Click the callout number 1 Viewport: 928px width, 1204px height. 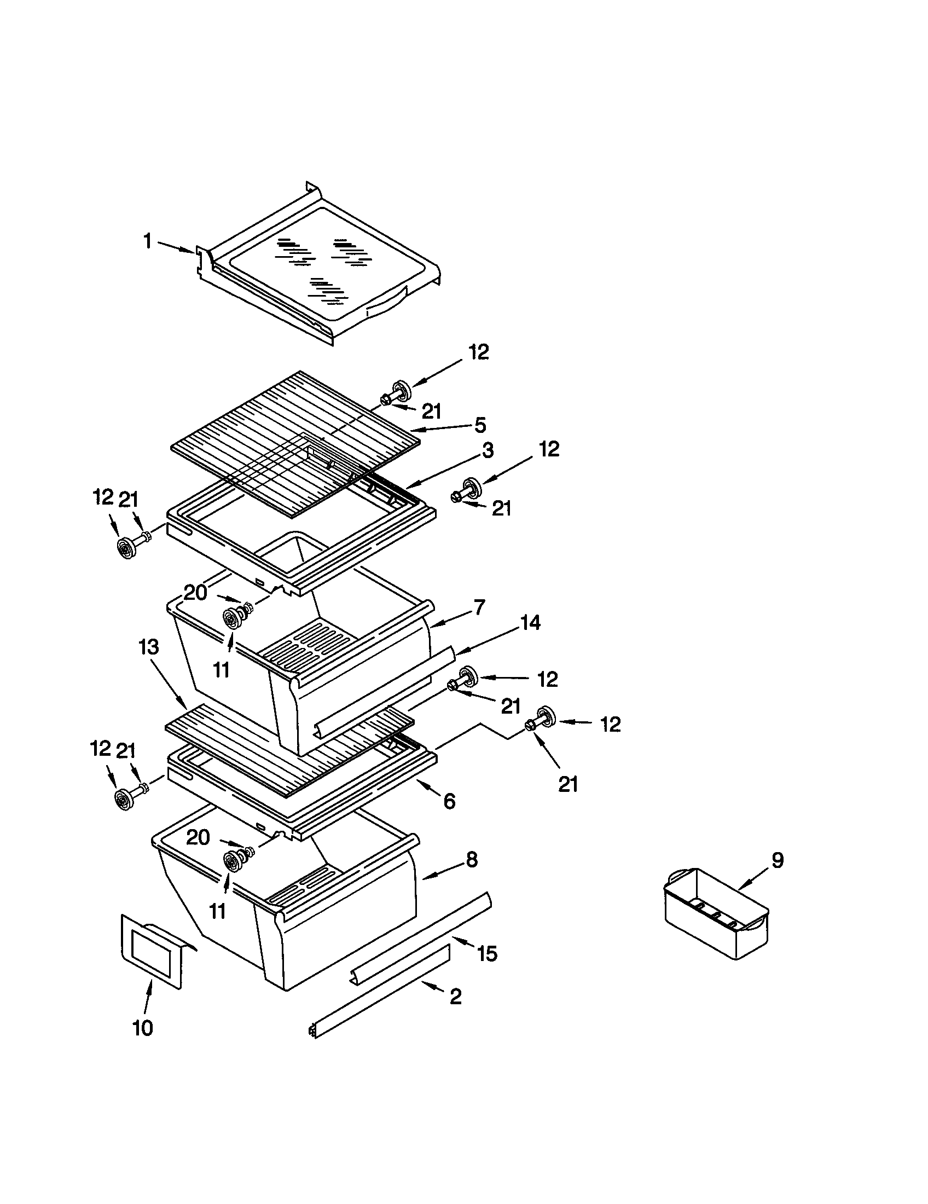(x=147, y=241)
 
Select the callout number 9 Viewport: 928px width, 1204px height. (x=777, y=860)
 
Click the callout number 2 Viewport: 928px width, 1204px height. (x=455, y=996)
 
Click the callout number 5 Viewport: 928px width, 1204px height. (x=480, y=425)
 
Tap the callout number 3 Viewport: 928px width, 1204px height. (x=488, y=450)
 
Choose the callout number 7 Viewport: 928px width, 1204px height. (x=479, y=607)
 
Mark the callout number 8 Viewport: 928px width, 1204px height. (x=472, y=859)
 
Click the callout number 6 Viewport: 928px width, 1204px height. (x=449, y=801)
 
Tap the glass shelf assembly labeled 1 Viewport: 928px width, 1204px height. (x=320, y=265)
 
